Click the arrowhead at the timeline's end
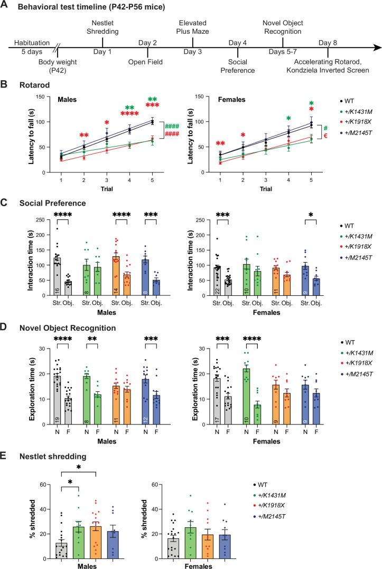376,48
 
